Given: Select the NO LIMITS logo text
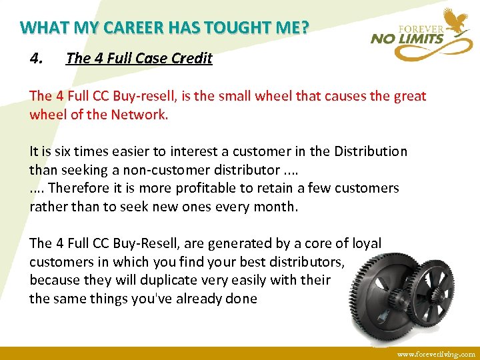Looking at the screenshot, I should (x=407, y=39).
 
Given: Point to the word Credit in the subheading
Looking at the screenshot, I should (x=192, y=58).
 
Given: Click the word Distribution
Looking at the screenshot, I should (x=361, y=151).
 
